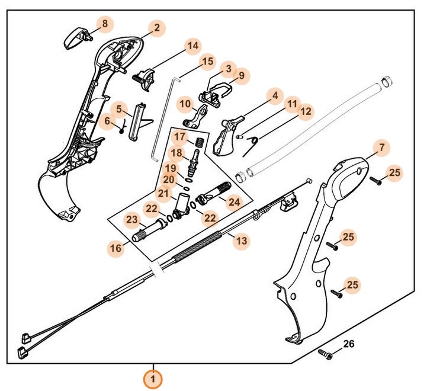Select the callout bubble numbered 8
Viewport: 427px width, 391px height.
(x=105, y=24)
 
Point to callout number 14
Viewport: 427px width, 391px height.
(x=192, y=46)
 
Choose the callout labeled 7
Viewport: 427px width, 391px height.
(x=381, y=146)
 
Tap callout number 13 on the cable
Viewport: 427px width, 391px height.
(x=241, y=241)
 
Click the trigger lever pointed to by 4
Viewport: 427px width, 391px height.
(x=228, y=134)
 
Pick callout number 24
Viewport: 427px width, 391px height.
(x=235, y=202)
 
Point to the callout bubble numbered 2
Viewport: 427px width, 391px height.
(x=156, y=27)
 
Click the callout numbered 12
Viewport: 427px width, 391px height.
(x=305, y=111)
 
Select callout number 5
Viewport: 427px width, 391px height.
(x=119, y=109)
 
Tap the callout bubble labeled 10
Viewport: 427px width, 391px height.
(x=185, y=104)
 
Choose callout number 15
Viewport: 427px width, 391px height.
(x=207, y=61)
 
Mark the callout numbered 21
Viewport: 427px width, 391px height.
(x=163, y=193)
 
